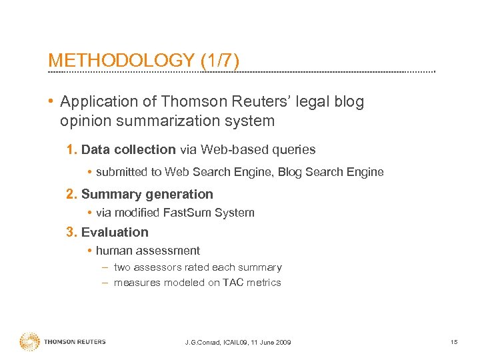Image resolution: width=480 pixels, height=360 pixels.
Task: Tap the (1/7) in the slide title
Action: coord(219,60)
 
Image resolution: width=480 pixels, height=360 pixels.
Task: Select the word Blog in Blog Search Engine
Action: coord(289,172)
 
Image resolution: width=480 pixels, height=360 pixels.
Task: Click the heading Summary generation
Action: coord(147,195)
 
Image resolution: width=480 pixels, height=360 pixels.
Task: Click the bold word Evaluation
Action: coord(115,233)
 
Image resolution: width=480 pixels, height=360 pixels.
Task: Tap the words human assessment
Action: coord(148,251)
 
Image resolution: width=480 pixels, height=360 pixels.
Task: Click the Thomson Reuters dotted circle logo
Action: coord(29,341)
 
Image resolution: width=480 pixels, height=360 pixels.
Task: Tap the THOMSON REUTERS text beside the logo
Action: coord(75,342)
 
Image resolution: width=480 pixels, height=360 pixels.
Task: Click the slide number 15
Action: coord(454,342)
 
